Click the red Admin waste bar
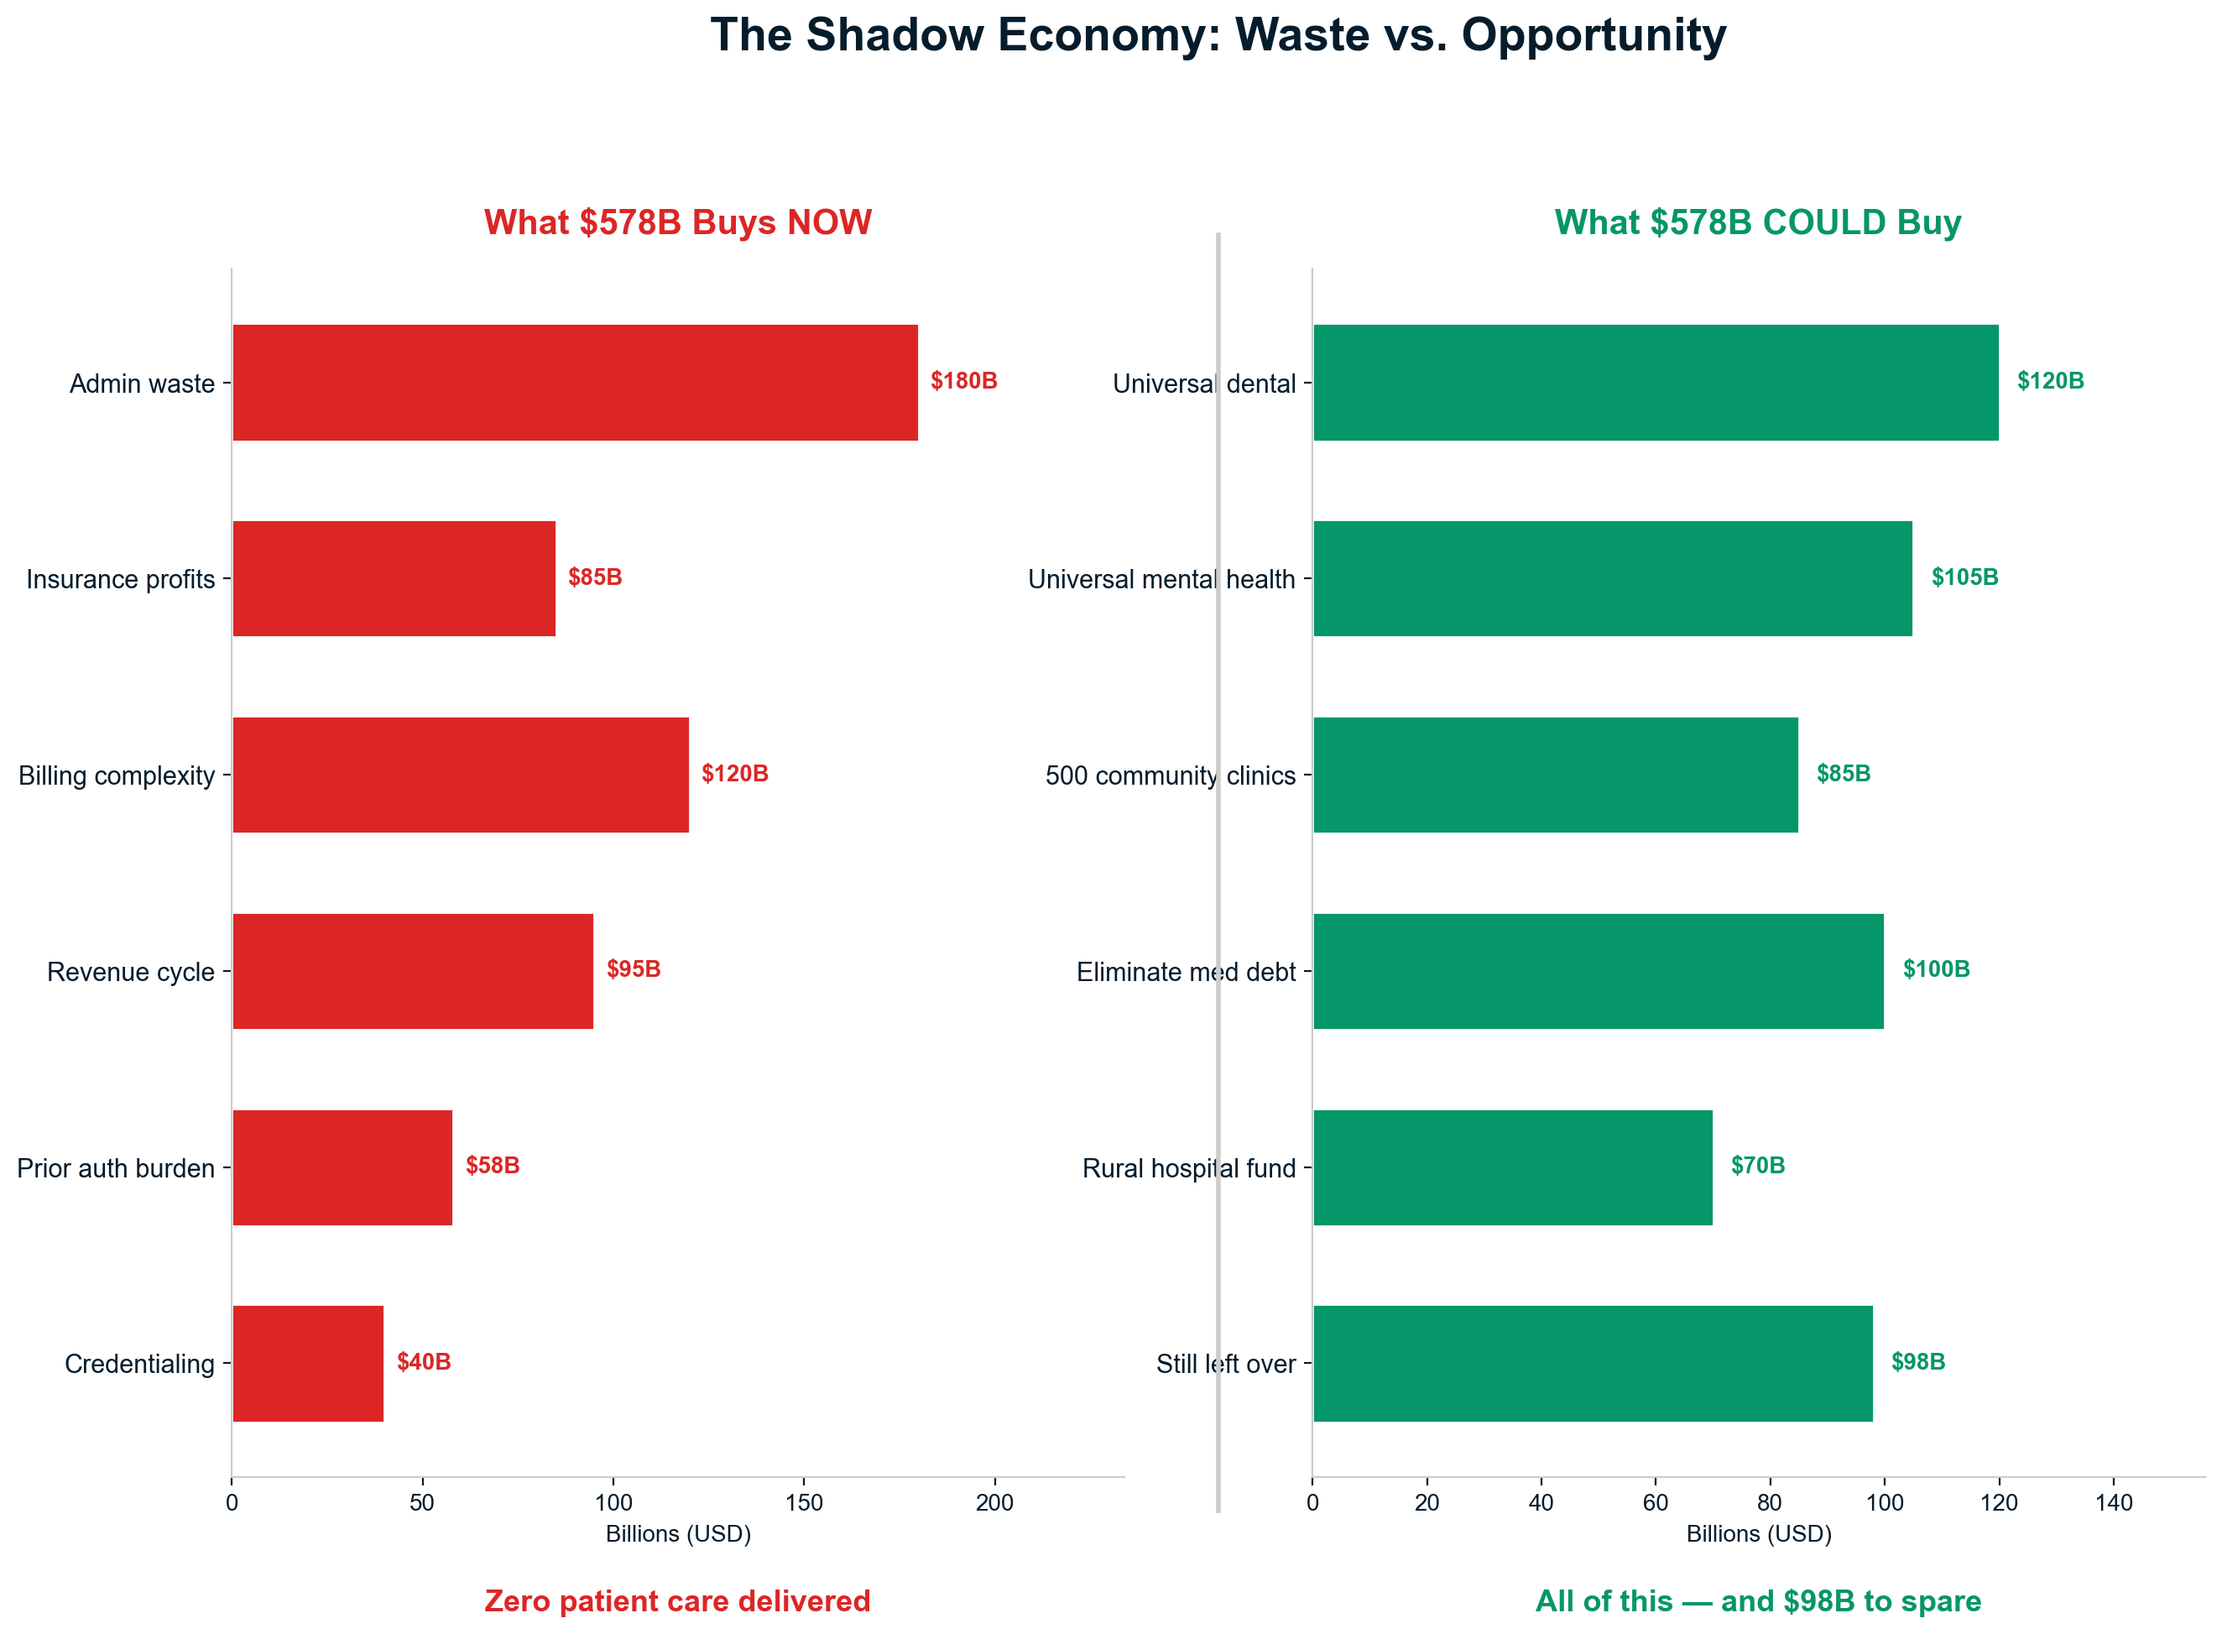pos(575,383)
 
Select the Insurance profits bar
pos(394,578)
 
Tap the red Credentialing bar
pos(308,1363)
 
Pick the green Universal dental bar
pos(1655,383)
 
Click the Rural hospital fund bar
pos(1512,1167)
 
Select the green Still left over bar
pos(1592,1363)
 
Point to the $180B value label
pos(963,381)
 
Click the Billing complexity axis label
pos(117,775)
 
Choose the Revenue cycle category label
pos(131,973)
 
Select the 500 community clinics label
pos(1170,775)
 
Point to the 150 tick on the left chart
pos(804,1503)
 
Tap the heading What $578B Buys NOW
pos(677,222)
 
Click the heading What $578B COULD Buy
pos(1757,222)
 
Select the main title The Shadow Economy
pos(1218,35)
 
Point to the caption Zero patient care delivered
pos(677,1600)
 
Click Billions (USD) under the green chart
pos(1758,1534)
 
